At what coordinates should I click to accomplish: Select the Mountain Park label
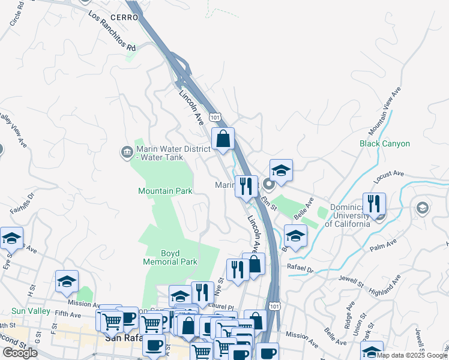click(x=165, y=191)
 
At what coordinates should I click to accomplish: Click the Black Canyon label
click(x=385, y=144)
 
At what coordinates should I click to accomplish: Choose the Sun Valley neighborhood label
click(x=31, y=311)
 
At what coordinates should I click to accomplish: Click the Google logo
click(x=20, y=353)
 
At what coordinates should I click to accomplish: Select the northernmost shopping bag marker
click(x=223, y=139)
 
